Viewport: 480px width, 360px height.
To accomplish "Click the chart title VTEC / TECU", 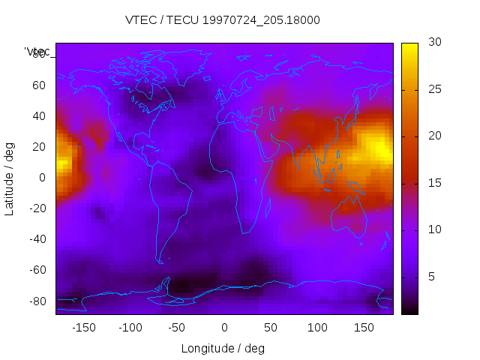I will point(223,20).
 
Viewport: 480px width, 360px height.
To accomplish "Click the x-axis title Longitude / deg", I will point(223,348).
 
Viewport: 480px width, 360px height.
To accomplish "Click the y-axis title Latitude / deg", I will point(10,177).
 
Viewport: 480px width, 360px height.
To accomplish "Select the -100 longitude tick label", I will point(130,327).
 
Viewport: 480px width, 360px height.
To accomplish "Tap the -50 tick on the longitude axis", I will point(177,327).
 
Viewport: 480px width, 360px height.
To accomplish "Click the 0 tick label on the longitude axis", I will point(224,327).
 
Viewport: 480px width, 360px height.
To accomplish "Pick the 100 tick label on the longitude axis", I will point(317,327).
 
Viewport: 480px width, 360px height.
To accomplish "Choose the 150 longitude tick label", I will point(364,327).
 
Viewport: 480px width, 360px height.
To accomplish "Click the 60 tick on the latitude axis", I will point(39,85).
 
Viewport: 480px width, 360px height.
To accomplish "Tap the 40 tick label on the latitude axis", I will point(39,116).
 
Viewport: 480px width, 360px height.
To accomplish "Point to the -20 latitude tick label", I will point(37,208).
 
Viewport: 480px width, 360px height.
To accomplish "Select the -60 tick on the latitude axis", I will point(37,270).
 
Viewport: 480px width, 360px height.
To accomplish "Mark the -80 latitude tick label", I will point(37,301).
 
